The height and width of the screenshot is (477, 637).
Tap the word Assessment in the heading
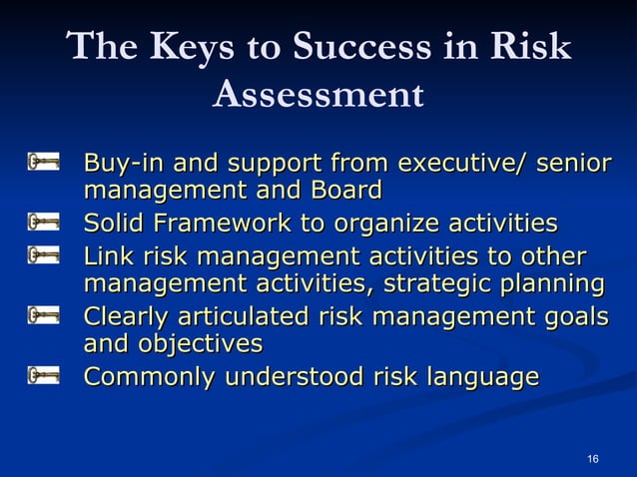[x=318, y=95]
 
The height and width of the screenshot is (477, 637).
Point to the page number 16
[x=593, y=458]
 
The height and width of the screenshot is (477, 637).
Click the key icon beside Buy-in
[x=44, y=162]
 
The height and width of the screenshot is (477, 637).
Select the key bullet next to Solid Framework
[x=44, y=221]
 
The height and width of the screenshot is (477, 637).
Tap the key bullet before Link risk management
[x=44, y=255]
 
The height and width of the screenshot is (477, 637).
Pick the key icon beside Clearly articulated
[x=44, y=317]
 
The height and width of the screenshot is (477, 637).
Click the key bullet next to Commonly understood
[x=44, y=377]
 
